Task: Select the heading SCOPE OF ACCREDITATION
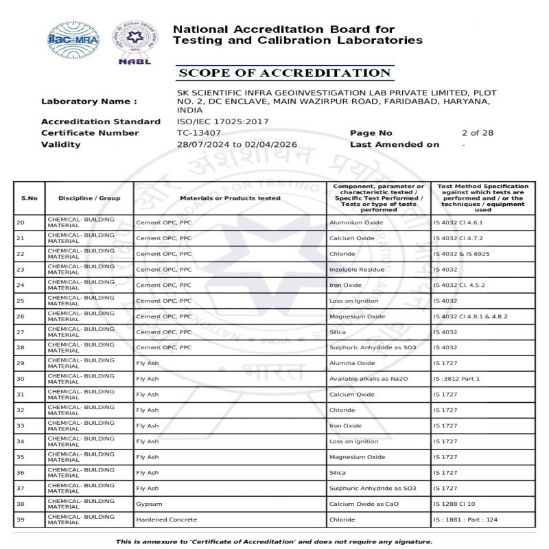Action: pos(284,73)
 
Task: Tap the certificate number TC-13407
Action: pos(199,133)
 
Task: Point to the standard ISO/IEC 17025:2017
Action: pos(223,122)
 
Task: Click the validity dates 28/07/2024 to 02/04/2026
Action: pos(237,145)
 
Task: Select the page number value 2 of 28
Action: pos(478,133)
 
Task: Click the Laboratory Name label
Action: pos(89,102)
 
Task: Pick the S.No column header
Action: pos(30,198)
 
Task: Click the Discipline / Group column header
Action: pos(89,198)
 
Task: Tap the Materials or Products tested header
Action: pos(230,198)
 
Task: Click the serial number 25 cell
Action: pos(20,301)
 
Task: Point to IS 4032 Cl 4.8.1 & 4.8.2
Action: pos(471,316)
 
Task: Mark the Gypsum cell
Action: pos(148,504)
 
